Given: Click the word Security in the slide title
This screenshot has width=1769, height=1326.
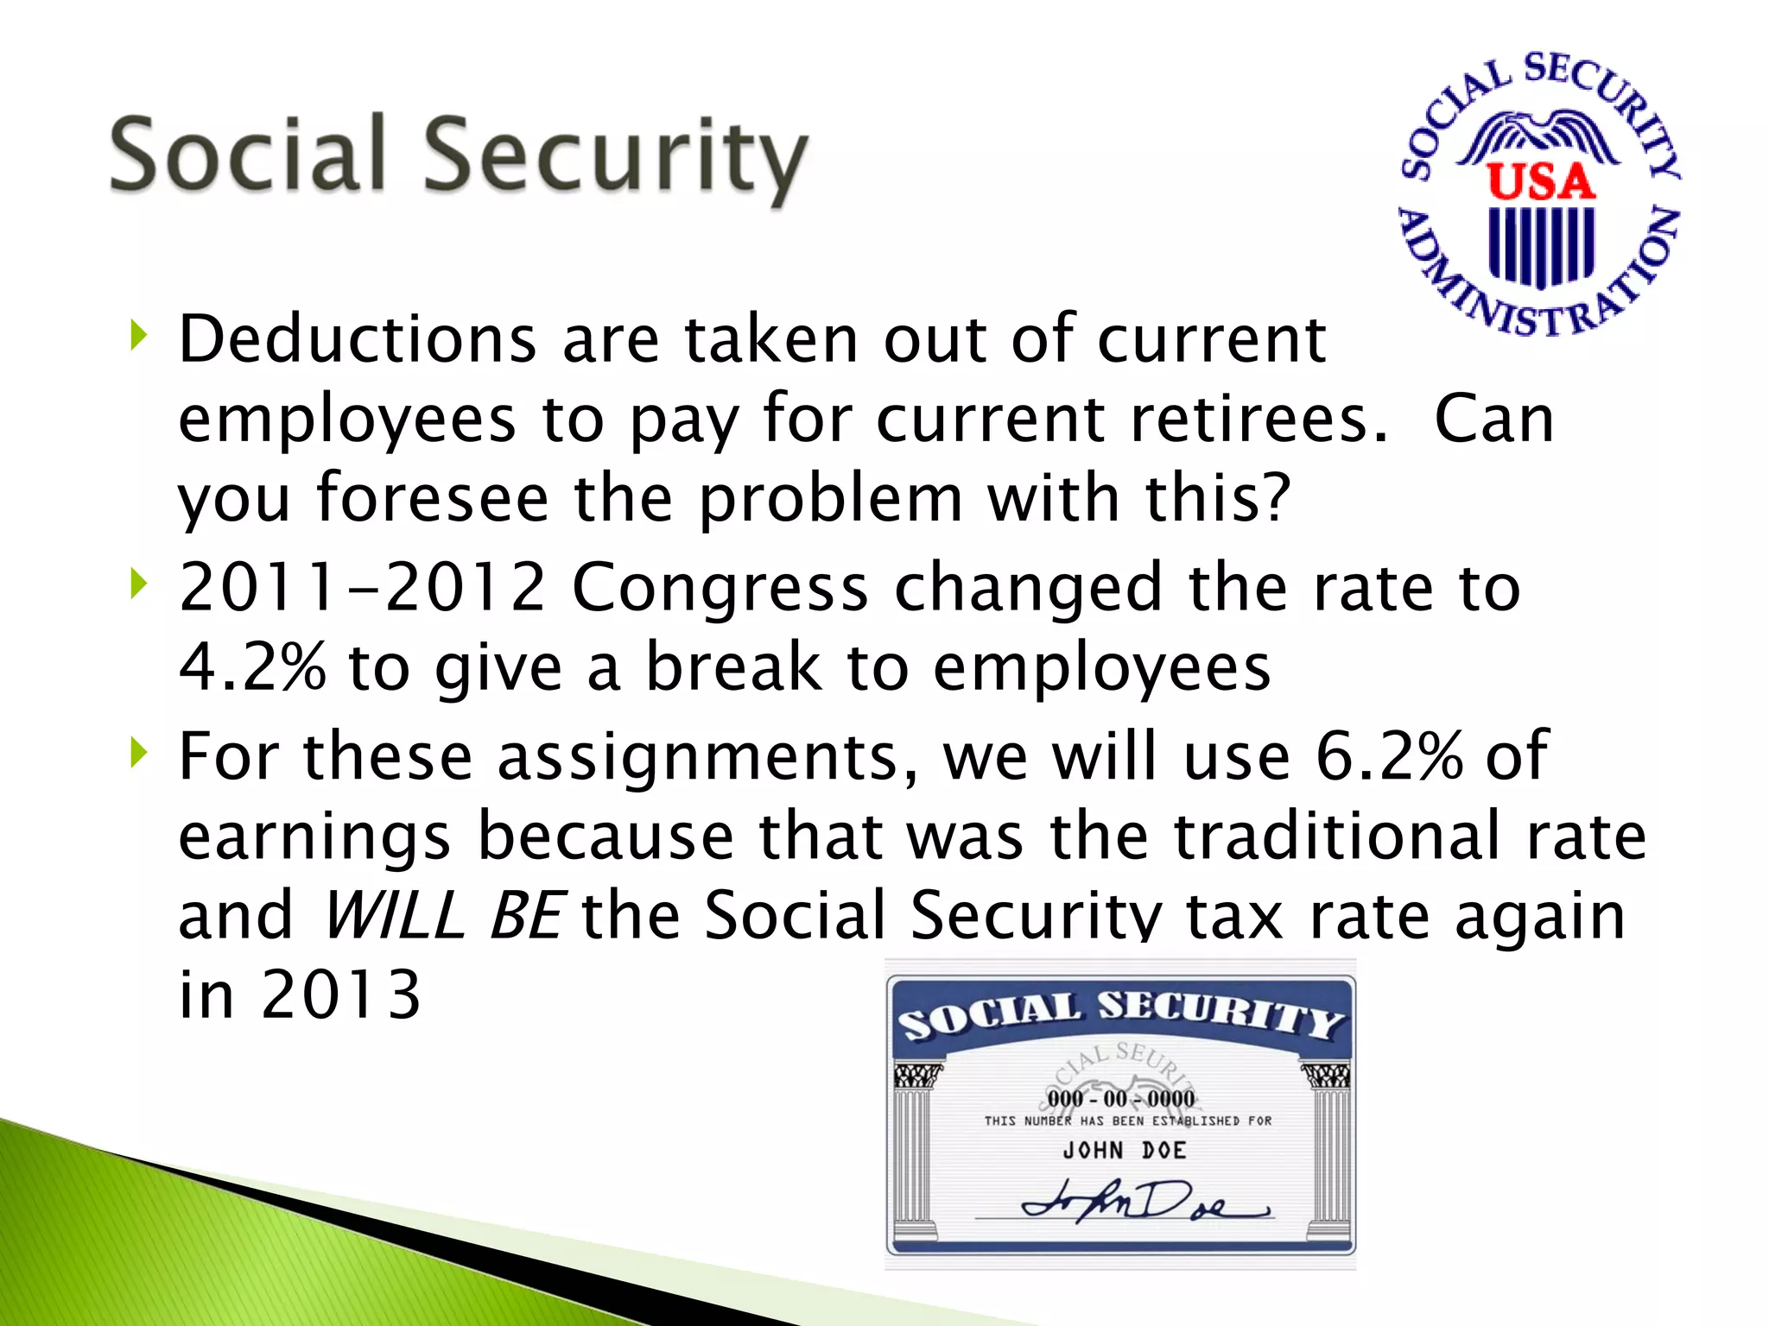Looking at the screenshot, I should point(615,157).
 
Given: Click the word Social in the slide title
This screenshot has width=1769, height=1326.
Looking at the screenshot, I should point(247,155).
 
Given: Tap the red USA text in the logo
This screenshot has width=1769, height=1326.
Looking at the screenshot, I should point(1541,183).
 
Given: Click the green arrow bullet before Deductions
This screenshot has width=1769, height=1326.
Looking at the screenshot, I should point(138,335).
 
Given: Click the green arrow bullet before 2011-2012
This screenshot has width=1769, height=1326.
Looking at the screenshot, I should point(138,585).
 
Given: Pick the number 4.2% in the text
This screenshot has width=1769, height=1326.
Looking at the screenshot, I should point(252,667).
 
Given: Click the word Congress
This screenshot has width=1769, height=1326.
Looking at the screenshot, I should point(720,588).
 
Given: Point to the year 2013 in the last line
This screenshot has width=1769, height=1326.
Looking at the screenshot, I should point(340,994).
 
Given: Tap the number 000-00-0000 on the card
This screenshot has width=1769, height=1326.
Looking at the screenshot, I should point(1121,1099).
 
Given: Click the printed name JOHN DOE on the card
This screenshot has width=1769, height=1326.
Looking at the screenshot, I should point(1124,1150).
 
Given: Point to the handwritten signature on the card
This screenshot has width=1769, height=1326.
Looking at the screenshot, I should point(1140,1202).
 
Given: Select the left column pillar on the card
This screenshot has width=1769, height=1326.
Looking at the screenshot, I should point(915,1148).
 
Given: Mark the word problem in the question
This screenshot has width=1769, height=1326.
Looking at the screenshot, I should point(830,499).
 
